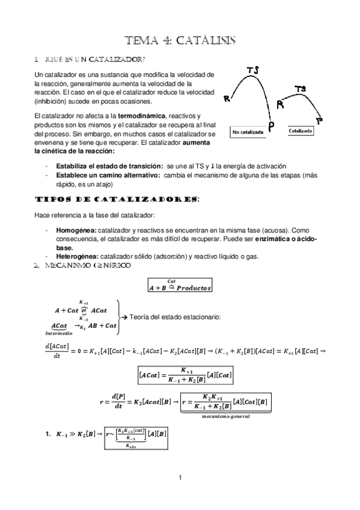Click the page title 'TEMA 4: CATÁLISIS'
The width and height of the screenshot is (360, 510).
click(180, 40)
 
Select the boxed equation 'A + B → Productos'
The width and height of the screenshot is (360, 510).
click(180, 287)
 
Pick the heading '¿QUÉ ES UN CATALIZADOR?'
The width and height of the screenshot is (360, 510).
click(93, 60)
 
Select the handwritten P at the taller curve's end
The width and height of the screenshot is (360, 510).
click(272, 125)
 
